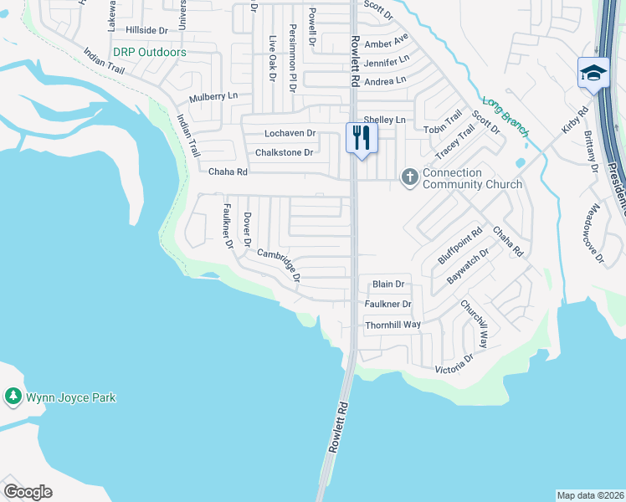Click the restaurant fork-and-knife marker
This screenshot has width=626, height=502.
(x=362, y=139)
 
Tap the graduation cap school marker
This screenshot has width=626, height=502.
(x=593, y=73)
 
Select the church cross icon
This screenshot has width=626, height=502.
(x=409, y=177)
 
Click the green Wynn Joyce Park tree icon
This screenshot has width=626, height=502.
(x=13, y=397)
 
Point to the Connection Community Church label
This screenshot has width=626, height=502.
(x=472, y=178)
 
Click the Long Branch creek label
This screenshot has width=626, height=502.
(x=505, y=115)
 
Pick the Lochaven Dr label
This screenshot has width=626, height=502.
(x=290, y=133)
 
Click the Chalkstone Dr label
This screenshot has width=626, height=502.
(x=284, y=152)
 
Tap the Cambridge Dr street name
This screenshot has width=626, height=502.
(x=279, y=264)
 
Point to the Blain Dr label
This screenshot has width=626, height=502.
(x=388, y=284)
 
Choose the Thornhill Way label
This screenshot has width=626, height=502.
(x=393, y=325)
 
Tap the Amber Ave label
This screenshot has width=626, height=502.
(x=386, y=42)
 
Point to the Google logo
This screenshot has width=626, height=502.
(x=28, y=492)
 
